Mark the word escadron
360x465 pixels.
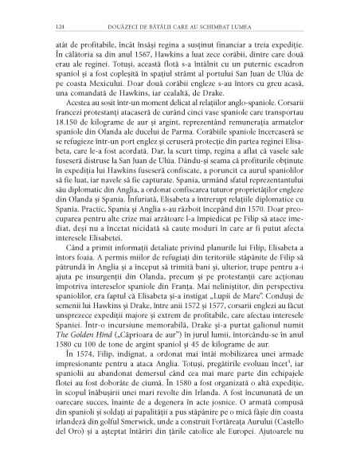282,69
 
